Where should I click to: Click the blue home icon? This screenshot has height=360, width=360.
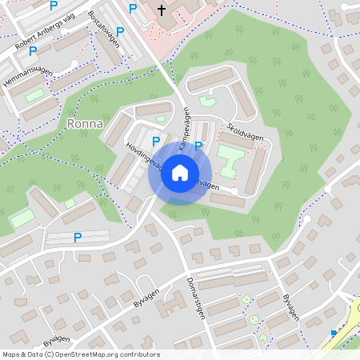point(180,173)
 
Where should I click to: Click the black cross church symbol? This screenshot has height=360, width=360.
point(162,10)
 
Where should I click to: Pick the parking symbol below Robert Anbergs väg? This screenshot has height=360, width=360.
point(33,51)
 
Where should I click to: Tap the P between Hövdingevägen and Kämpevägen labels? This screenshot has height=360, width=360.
point(157,141)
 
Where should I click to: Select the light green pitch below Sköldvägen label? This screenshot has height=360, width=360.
point(230,157)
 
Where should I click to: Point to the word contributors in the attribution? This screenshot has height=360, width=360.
point(138,354)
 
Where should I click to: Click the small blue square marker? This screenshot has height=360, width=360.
point(334,332)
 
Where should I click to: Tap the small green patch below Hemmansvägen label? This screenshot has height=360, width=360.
point(35,95)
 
